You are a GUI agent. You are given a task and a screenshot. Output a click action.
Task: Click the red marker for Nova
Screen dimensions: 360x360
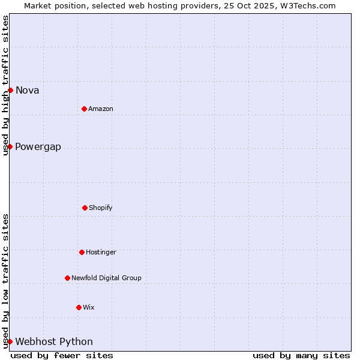10,90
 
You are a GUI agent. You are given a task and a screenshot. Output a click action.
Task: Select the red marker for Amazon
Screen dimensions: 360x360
84,109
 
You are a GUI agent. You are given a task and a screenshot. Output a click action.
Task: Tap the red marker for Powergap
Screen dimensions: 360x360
10,146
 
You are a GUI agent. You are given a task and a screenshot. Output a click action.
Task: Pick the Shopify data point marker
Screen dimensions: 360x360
85,208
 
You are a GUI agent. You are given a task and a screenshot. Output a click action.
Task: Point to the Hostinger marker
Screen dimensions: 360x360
82,252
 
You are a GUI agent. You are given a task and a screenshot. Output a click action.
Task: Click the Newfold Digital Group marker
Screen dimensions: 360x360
67,278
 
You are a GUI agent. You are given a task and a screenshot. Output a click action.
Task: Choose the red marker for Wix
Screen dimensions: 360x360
79,307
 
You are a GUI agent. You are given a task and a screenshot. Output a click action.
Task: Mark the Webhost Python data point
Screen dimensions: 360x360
10,341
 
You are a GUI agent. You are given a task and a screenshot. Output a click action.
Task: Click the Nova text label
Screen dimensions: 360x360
28,91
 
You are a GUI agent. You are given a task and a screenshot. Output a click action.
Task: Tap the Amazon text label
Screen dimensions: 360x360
101,109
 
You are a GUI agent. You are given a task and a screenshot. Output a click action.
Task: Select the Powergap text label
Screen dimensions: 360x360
38,147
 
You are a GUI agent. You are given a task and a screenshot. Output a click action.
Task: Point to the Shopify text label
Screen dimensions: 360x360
101,208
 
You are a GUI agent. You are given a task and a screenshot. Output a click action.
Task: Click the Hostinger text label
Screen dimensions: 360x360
101,253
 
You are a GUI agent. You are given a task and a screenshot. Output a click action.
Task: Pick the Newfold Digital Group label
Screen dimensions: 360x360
106,278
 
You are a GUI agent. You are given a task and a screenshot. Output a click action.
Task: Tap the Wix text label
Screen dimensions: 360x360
89,308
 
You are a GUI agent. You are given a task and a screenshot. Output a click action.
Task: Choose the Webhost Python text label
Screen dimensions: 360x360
54,342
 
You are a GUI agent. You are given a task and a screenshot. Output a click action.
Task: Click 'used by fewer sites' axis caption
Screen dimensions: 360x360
62,355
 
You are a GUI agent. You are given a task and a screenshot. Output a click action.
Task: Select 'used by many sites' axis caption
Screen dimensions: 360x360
301,355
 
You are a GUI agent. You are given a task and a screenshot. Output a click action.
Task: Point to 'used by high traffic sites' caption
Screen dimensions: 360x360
5,85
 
